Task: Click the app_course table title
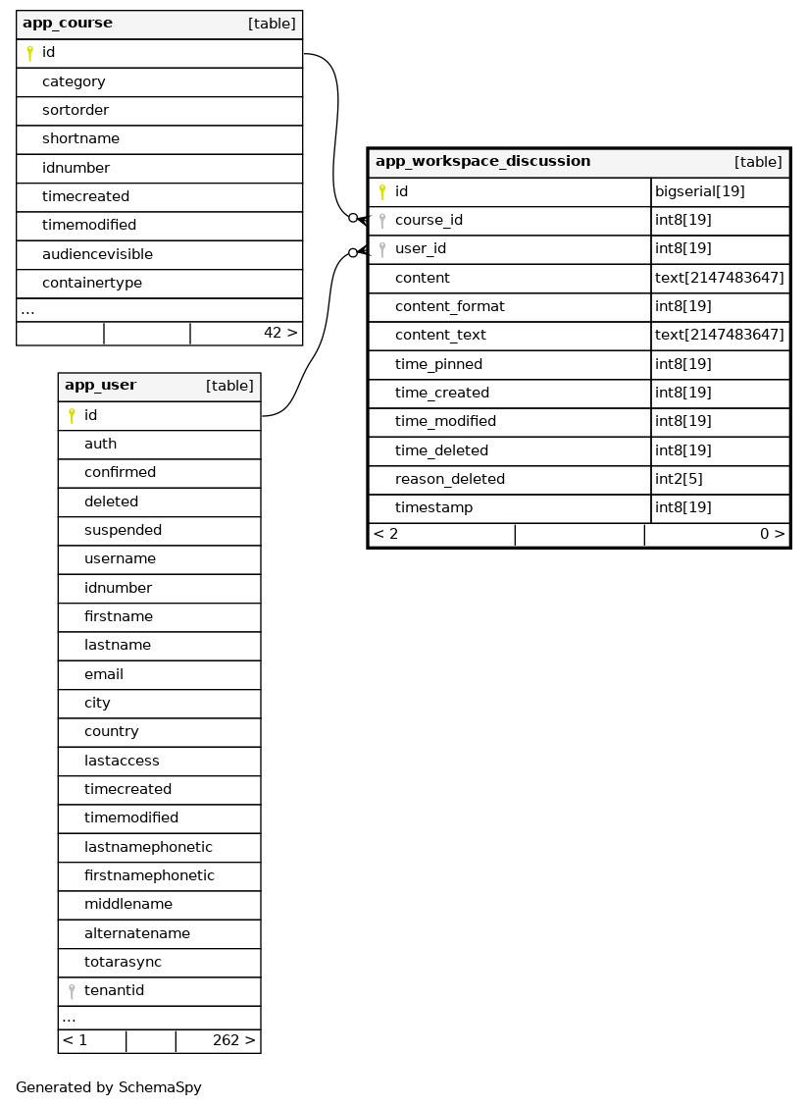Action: (68, 24)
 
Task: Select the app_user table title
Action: (100, 386)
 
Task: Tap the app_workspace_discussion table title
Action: (482, 162)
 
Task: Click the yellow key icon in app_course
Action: (29, 53)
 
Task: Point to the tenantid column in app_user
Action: (114, 991)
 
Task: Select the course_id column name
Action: (429, 221)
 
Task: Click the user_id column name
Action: (421, 249)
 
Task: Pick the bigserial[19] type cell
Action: (699, 191)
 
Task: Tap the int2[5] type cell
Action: (679, 480)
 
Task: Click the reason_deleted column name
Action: (449, 480)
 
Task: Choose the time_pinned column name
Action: (438, 365)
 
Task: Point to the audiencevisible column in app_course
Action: (97, 255)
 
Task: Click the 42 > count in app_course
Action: (279, 334)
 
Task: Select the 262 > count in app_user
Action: (233, 1041)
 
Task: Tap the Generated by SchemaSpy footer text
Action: (108, 1088)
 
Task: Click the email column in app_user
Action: (104, 675)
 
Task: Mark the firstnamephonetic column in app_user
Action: (149, 876)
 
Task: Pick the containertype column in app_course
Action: (92, 284)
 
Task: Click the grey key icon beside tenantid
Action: (72, 991)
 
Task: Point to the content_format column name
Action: (449, 307)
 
